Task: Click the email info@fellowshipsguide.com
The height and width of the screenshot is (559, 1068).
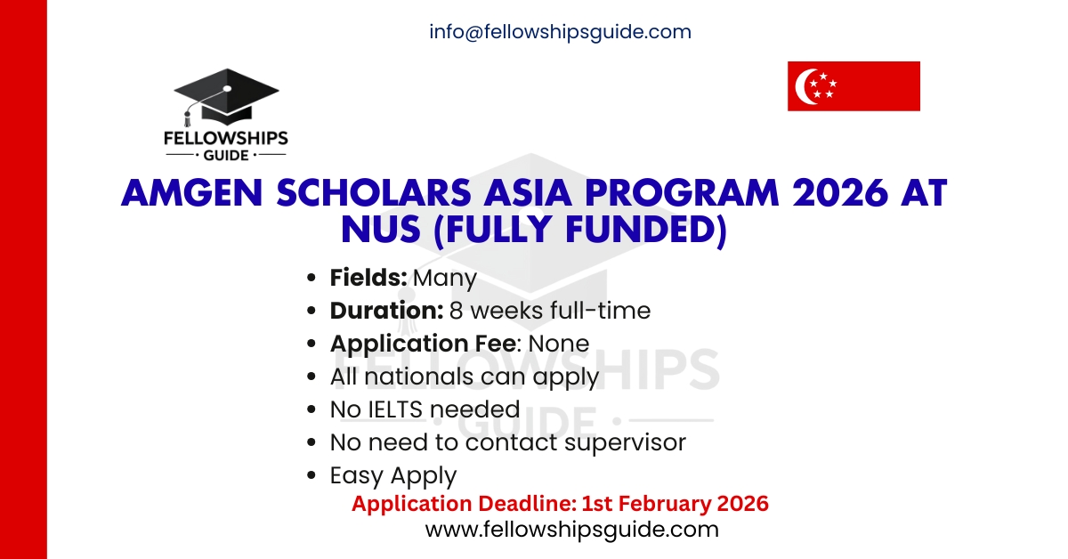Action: [x=560, y=32]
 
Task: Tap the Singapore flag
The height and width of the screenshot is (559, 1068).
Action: [x=853, y=86]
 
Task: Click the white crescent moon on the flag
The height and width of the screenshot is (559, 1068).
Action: [x=812, y=86]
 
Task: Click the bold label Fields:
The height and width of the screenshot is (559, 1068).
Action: [x=368, y=278]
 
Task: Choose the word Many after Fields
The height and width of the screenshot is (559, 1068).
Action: [x=445, y=278]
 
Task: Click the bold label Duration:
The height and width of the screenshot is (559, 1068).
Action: [x=386, y=311]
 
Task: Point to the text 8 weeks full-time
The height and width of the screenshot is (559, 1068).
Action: [x=549, y=311]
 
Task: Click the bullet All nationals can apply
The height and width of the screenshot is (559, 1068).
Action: [x=464, y=377]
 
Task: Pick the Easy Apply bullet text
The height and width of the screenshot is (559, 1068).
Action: [x=392, y=475]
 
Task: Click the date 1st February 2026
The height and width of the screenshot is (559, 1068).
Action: [x=675, y=504]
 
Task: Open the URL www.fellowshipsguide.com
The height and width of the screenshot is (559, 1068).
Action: [x=571, y=530]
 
